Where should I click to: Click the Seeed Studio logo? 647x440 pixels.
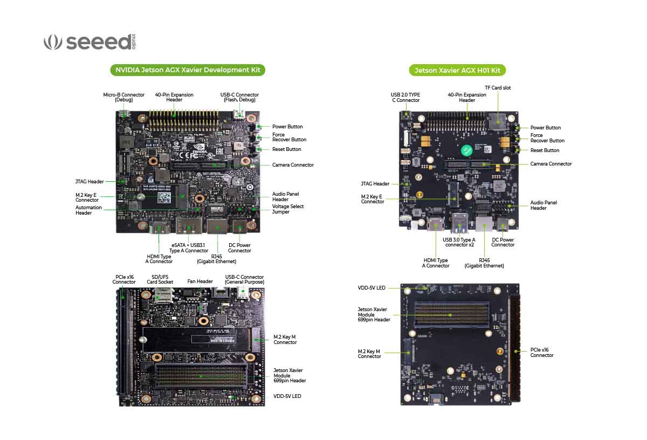90,42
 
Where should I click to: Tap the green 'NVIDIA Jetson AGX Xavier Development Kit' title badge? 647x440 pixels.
188,70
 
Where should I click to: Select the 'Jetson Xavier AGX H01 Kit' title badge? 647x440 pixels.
457,71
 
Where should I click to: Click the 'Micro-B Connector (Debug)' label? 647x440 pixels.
124,97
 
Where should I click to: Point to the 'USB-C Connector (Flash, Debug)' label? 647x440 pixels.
239,97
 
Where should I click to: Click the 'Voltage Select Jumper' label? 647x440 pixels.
288,209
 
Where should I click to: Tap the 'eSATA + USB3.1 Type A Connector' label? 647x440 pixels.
189,247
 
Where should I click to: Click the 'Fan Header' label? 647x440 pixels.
200,281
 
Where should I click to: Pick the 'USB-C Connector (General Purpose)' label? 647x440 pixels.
244,280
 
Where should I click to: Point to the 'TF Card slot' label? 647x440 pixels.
498,88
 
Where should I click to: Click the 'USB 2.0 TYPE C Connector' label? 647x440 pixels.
405,98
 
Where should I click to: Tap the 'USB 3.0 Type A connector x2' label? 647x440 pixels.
458,242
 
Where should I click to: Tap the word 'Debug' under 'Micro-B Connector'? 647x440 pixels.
124,100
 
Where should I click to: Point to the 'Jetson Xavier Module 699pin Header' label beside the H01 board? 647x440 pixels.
374,314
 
